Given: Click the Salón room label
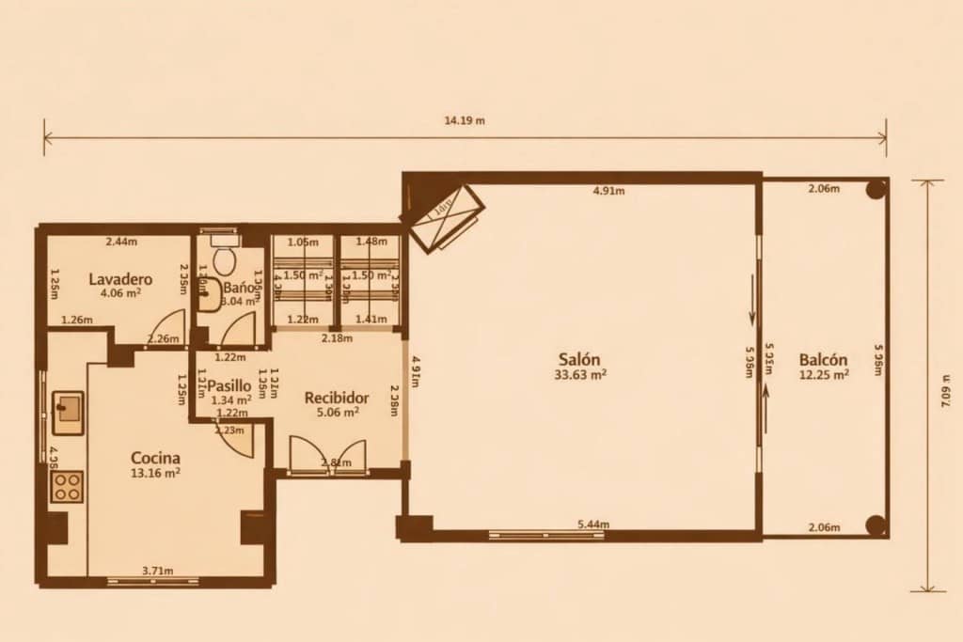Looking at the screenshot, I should click(580, 358).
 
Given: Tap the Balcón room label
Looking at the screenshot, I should click(824, 359).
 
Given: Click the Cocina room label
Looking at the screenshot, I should click(155, 458).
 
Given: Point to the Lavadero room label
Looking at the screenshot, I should click(121, 279).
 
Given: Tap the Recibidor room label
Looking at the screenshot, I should click(336, 397).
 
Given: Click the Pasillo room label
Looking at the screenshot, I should click(229, 385).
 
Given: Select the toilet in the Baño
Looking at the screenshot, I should click(224, 258).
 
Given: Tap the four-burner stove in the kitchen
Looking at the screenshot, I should click(66, 486).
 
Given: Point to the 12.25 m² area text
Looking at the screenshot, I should click(825, 373).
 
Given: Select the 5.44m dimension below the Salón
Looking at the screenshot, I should click(592, 524).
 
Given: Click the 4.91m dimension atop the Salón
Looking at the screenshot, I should click(608, 191).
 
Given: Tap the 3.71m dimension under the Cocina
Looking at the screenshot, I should click(156, 571).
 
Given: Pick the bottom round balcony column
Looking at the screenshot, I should click(876, 525).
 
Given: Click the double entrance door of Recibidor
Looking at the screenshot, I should click(326, 455).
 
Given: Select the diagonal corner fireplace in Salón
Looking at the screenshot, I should click(443, 214).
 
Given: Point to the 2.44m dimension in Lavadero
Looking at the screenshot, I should click(120, 242).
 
